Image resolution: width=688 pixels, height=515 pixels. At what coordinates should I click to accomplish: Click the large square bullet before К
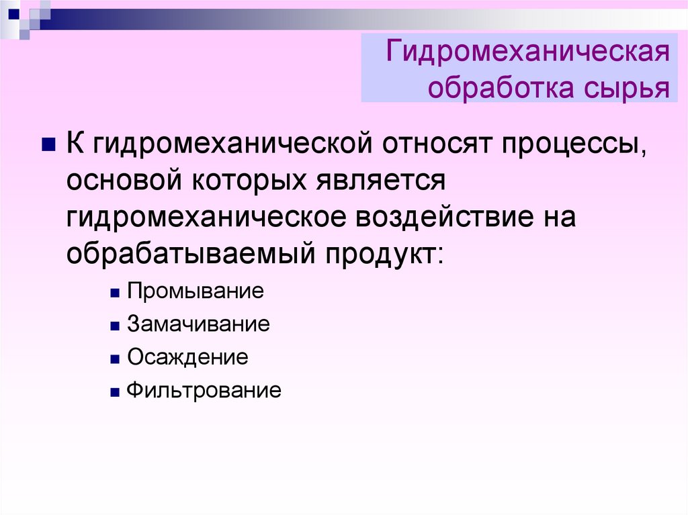(48, 144)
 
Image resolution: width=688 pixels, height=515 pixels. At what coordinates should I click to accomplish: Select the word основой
(124, 181)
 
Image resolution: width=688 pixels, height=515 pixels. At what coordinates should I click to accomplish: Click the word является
(381, 181)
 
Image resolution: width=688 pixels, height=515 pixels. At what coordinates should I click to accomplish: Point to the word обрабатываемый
(191, 254)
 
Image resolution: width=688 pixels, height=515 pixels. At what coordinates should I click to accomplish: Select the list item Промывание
(196, 291)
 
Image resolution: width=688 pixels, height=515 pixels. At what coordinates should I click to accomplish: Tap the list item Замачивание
(198, 324)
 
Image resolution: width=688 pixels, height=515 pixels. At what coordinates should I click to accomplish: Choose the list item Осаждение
(188, 357)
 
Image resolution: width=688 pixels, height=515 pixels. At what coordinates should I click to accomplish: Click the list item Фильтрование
(204, 391)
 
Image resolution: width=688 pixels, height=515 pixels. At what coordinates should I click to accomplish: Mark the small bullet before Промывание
(115, 293)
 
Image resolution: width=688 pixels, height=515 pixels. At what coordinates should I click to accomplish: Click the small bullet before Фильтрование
(115, 392)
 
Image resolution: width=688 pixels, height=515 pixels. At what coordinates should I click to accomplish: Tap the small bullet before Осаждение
(115, 359)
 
